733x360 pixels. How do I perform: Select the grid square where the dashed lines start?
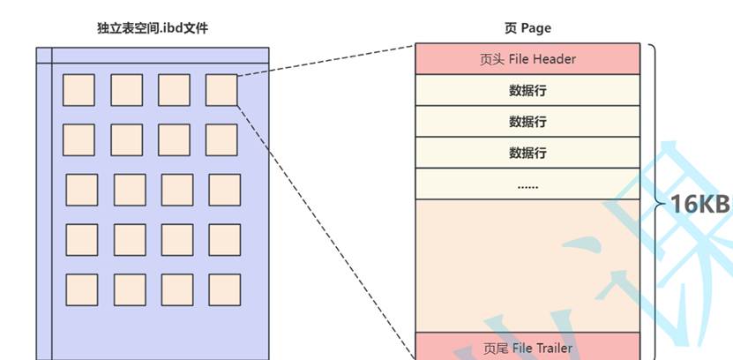coord(221,89)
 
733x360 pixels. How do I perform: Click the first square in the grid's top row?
coord(79,89)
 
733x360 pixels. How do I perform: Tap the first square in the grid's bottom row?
coord(81,289)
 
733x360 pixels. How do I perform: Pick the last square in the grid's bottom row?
coord(224,289)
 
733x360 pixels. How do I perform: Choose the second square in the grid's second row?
coord(126,139)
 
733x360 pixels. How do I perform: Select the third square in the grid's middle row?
coord(176,189)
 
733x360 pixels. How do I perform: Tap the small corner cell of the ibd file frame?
coord(44,55)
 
